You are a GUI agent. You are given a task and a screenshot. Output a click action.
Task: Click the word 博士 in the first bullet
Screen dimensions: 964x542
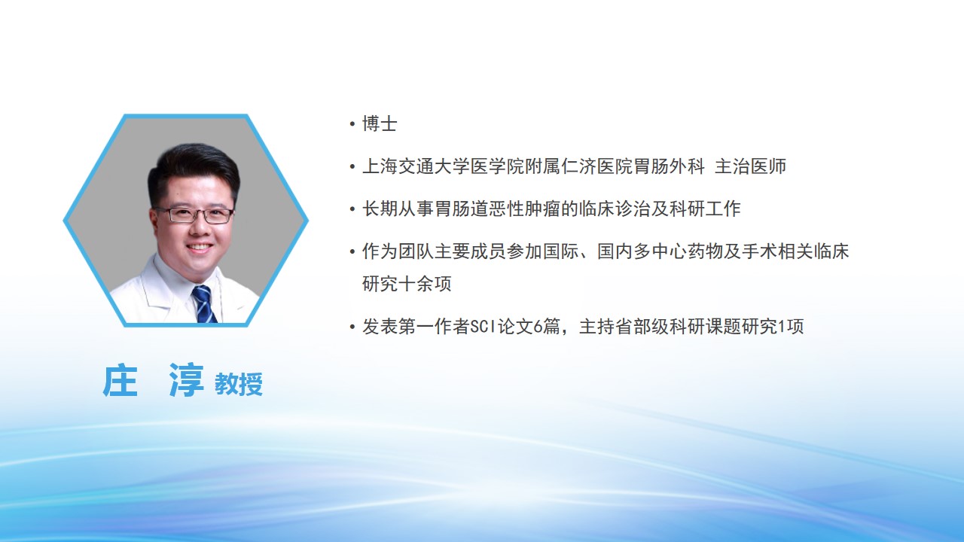(x=380, y=124)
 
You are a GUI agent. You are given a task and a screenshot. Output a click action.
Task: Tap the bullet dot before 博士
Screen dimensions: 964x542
(x=352, y=124)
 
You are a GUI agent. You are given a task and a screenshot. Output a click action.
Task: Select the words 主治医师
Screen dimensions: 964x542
(x=750, y=166)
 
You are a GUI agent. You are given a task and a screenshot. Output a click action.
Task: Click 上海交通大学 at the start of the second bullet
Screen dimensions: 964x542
(x=416, y=166)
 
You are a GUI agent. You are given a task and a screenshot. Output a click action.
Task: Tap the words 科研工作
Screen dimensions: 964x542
(x=705, y=209)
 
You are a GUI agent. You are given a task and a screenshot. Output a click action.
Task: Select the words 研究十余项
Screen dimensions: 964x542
(x=407, y=284)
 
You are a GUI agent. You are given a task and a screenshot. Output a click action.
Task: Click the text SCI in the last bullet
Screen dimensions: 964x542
(x=483, y=327)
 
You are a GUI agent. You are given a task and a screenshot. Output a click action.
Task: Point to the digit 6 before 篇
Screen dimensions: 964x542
(x=538, y=327)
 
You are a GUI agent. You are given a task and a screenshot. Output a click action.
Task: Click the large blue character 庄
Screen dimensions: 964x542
(x=120, y=381)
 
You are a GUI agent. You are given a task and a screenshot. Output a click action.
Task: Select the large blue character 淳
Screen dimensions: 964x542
(x=186, y=380)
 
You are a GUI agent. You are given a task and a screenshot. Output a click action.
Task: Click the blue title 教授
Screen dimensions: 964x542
(x=239, y=384)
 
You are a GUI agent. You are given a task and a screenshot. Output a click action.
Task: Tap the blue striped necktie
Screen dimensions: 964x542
(x=204, y=303)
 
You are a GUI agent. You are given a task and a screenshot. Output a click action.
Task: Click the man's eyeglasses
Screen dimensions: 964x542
(x=195, y=215)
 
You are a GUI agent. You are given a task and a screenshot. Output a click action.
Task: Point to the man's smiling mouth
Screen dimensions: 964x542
(x=200, y=248)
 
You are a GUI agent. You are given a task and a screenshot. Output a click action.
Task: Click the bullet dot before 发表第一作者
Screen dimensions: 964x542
(x=352, y=327)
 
